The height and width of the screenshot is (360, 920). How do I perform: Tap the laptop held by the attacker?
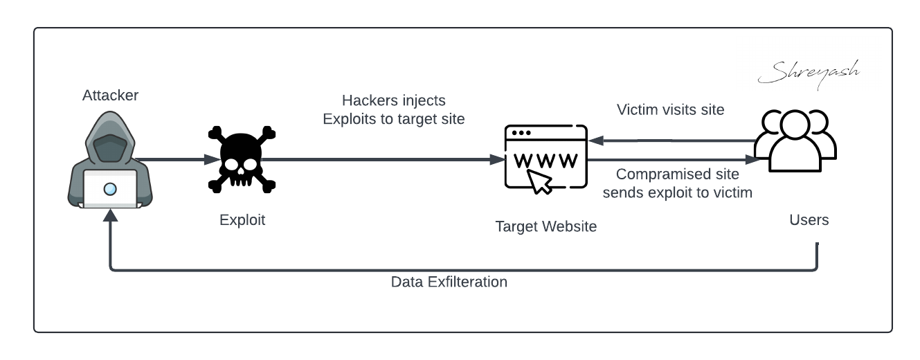point(110,189)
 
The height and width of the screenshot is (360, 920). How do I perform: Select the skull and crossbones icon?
point(242,160)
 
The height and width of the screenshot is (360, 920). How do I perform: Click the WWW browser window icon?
point(545,158)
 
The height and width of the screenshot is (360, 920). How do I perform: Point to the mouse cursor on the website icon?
point(541,182)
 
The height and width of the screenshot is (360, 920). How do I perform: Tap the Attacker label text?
point(110,96)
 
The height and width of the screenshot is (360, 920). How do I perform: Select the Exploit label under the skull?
point(242,220)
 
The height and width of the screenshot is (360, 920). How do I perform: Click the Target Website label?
point(545,226)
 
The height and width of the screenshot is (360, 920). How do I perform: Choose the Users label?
point(809,220)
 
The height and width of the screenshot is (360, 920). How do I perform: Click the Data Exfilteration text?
point(449,282)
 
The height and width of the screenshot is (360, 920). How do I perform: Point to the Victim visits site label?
point(670,109)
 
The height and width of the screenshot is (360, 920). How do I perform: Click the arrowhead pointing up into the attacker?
point(110,217)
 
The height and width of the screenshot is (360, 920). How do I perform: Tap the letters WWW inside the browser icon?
point(545,161)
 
